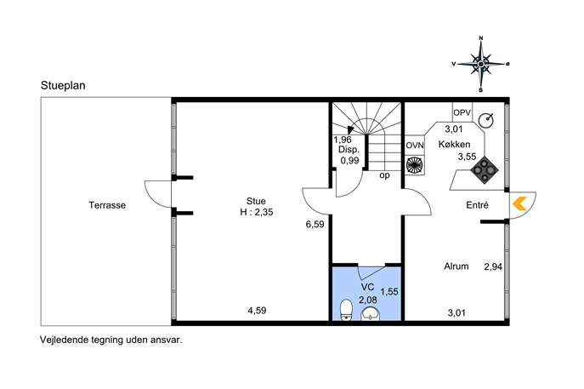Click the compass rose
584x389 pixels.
pyautogui.click(x=481, y=64)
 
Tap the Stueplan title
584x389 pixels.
pyautogui.click(x=63, y=85)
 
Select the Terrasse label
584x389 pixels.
pyautogui.click(x=107, y=205)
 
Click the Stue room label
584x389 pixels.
pyautogui.click(x=256, y=201)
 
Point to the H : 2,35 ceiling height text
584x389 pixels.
pyautogui.click(x=257, y=212)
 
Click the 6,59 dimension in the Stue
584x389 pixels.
pyautogui.click(x=315, y=225)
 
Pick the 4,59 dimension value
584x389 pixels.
pyautogui.click(x=257, y=311)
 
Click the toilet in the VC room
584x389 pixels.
pyautogui.click(x=347, y=310)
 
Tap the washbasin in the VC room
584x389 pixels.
pyautogui.click(x=371, y=314)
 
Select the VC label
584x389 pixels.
pyautogui.click(x=367, y=288)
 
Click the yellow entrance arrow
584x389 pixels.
pyautogui.click(x=519, y=204)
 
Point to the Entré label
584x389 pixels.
pyautogui.click(x=477, y=205)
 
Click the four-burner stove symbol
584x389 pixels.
pyautogui.click(x=485, y=170)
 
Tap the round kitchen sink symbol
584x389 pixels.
pyautogui.click(x=486, y=120)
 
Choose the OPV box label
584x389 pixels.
pyautogui.click(x=462, y=112)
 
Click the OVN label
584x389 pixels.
pyautogui.click(x=415, y=146)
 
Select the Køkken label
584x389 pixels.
pyautogui.click(x=455, y=145)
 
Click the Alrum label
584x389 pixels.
pyautogui.click(x=456, y=266)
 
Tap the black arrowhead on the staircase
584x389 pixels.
pyautogui.click(x=350, y=129)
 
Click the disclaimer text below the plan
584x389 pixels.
pyautogui.click(x=111, y=340)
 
